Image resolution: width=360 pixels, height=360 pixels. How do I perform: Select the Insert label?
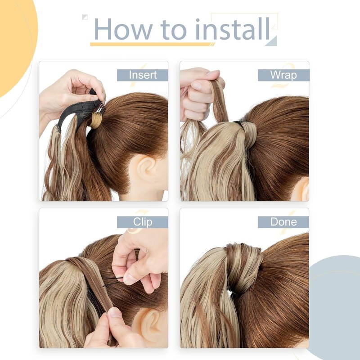(x=142, y=75)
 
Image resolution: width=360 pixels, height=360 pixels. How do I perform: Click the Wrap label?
(x=283, y=75)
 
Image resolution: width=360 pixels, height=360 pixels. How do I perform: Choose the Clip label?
(x=142, y=222)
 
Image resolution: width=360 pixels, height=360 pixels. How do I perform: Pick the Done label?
(x=283, y=222)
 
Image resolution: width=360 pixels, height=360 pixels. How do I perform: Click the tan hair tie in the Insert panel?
(x=96, y=120)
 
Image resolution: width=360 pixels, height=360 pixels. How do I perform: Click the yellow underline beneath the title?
(x=151, y=44)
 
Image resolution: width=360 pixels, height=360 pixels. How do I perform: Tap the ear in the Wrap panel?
(x=300, y=189)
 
